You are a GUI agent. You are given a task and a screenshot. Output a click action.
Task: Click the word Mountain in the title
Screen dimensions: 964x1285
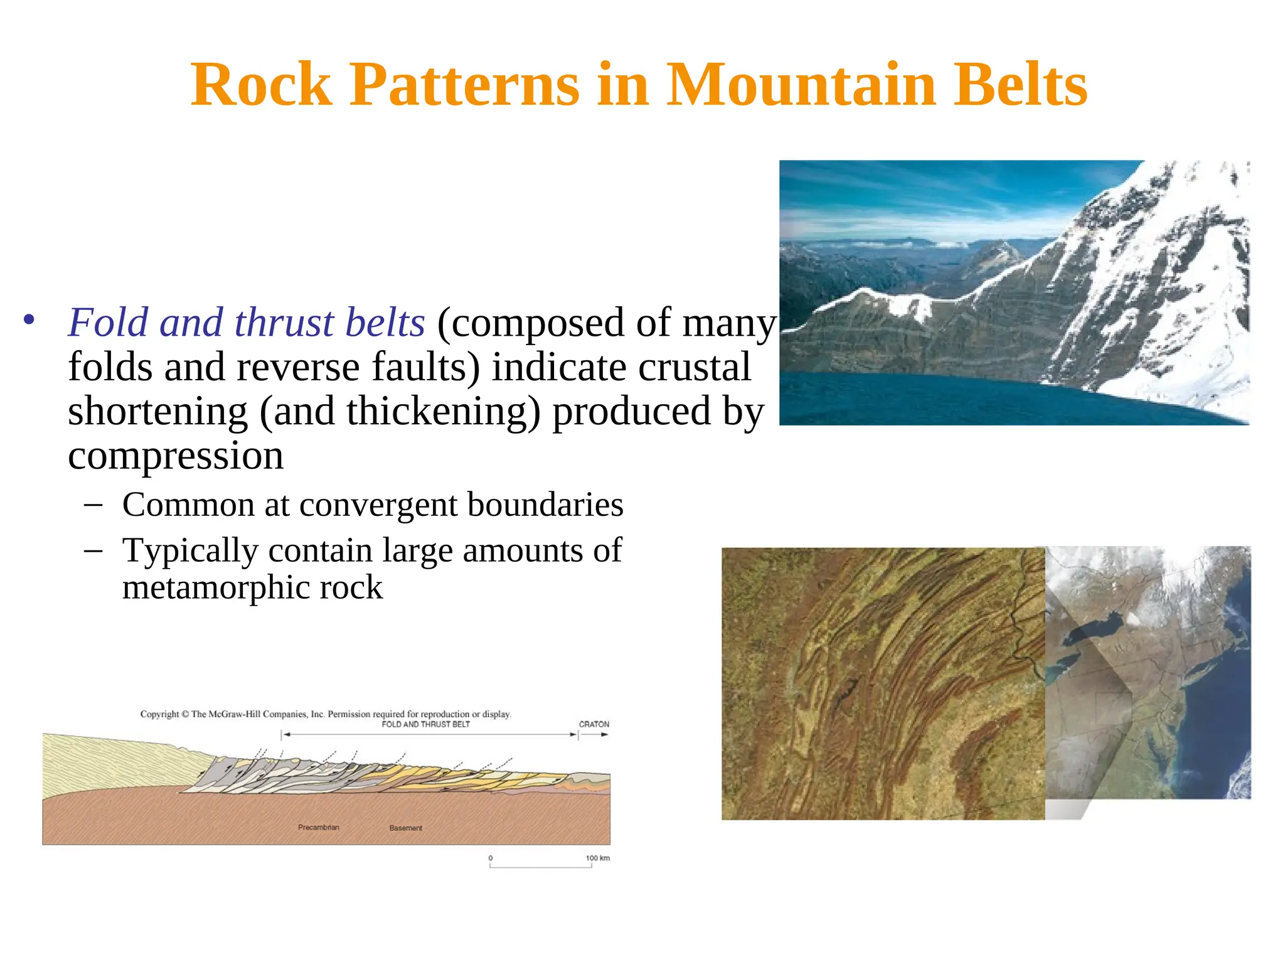[801, 85]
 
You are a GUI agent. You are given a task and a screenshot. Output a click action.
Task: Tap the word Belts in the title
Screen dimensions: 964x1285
[1020, 85]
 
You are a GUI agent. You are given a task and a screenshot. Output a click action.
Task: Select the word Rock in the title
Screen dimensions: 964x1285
[261, 85]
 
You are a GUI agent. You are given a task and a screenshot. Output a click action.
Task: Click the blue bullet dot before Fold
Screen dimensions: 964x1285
[29, 320]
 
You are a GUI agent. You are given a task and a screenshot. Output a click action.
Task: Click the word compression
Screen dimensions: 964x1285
[176, 456]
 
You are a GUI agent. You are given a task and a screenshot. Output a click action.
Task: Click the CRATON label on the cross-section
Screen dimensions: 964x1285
[594, 724]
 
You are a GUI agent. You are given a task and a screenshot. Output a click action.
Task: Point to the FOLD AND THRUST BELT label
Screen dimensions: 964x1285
[425, 724]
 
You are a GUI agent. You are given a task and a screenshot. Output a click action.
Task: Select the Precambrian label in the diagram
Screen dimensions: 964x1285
[318, 827]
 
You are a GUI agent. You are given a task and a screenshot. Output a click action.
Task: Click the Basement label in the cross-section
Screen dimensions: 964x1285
[405, 828]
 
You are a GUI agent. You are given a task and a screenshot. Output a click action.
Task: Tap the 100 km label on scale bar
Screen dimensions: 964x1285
[597, 858]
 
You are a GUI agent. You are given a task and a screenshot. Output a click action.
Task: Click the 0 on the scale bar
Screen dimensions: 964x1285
[491, 858]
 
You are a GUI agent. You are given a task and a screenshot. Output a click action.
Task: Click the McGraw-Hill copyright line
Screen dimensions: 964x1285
[325, 714]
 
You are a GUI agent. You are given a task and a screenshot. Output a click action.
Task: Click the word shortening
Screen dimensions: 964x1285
[157, 412]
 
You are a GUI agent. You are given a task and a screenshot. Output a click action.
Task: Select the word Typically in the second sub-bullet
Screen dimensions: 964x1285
[190, 551]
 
